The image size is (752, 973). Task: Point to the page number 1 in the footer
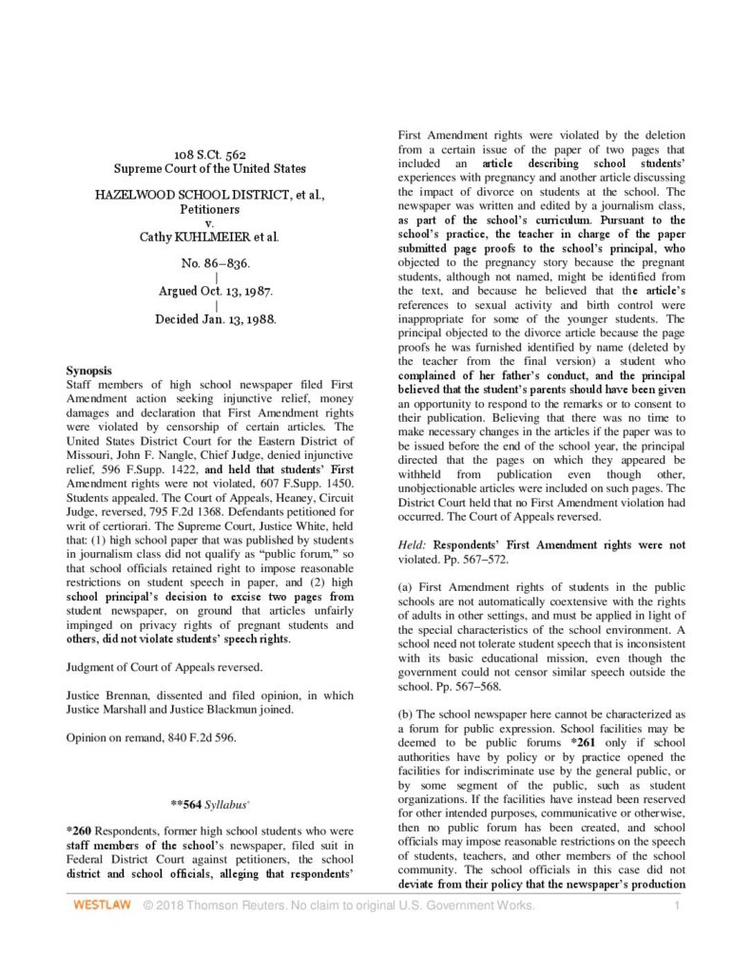676,906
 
